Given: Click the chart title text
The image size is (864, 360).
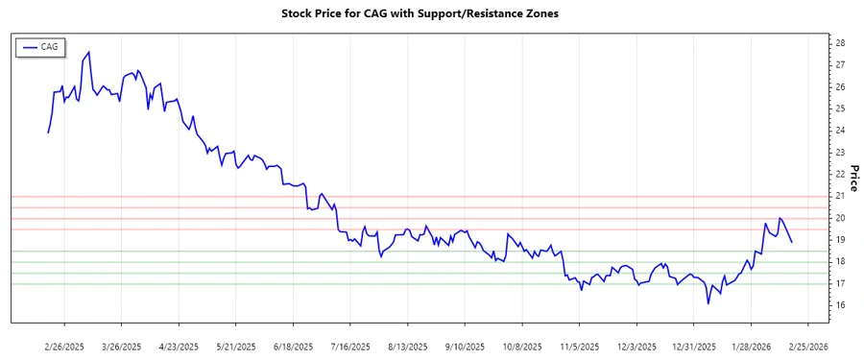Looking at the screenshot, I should (x=419, y=13).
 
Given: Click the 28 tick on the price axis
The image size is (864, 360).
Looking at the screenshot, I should (x=840, y=43).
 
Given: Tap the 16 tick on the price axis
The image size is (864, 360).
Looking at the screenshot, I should (x=840, y=305).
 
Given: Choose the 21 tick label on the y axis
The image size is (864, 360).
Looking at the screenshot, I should (x=840, y=196).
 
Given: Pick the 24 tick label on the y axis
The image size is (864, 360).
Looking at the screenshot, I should (x=840, y=131).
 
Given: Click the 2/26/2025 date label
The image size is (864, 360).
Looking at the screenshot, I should (x=64, y=345).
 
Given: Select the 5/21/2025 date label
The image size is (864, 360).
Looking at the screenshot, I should (x=235, y=345).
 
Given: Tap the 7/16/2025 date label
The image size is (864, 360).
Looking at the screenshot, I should (x=350, y=345).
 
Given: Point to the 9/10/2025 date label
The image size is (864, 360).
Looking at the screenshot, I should (x=465, y=345).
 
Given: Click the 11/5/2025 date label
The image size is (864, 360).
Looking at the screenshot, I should (x=580, y=345).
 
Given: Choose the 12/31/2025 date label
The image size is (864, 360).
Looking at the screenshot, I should (x=693, y=345).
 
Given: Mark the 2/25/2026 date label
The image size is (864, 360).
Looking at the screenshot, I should (x=807, y=345).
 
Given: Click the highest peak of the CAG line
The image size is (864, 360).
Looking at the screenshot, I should (x=89, y=52).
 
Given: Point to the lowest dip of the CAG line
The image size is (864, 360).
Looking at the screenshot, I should (x=708, y=303).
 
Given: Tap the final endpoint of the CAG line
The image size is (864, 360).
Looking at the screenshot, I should (x=792, y=242).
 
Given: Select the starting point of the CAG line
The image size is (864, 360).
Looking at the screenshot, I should (x=48, y=132).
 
